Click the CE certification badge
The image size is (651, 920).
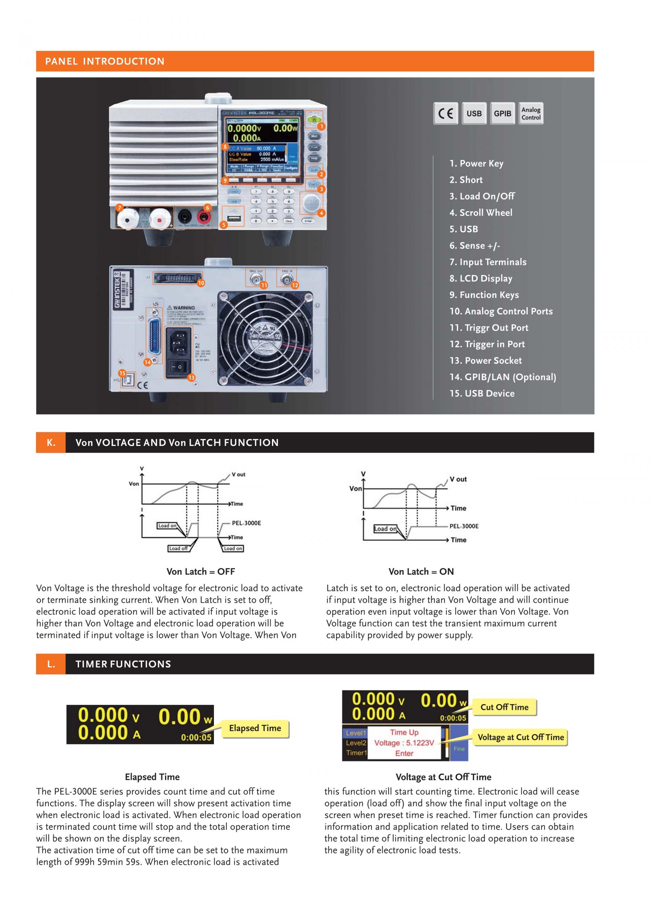pyautogui.click(x=445, y=114)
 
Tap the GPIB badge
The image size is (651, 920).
pyautogui.click(x=502, y=114)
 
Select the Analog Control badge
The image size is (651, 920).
pyautogui.click(x=531, y=114)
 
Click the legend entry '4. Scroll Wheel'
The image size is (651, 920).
pyautogui.click(x=481, y=213)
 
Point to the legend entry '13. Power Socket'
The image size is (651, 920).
pyautogui.click(x=486, y=361)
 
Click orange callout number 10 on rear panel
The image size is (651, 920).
pyautogui.click(x=201, y=283)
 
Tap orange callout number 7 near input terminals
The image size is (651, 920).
pyautogui.click(x=119, y=208)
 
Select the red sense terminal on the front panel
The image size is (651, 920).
pyautogui.click(x=204, y=218)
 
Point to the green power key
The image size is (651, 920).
pyautogui.click(x=314, y=119)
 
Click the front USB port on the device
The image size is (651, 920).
pyautogui.click(x=233, y=218)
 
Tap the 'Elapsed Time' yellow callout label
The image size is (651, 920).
pyautogui.click(x=255, y=728)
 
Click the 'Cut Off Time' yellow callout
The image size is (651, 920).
pyautogui.click(x=504, y=707)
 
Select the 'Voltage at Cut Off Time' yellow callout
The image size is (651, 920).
pyautogui.click(x=520, y=737)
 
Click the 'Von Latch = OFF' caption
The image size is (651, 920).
pyautogui.click(x=200, y=571)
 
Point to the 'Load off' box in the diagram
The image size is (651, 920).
pyautogui.click(x=178, y=549)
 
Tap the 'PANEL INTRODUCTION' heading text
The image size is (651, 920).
pyautogui.click(x=105, y=61)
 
